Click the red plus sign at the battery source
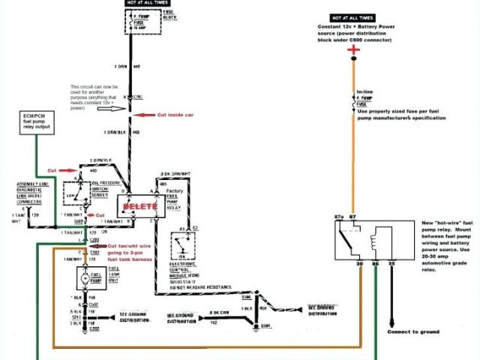[x=354, y=49]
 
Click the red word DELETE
[x=140, y=205]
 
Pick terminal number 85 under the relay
[x=390, y=264]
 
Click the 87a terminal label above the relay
[x=338, y=217]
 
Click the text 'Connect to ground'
[x=414, y=331]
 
